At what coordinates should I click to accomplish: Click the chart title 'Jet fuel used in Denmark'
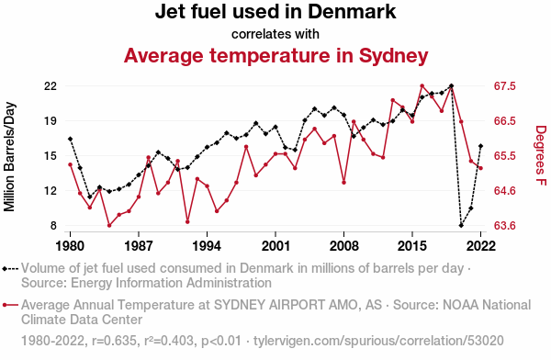[x=275, y=11]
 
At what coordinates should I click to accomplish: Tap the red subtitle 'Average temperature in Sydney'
[x=275, y=55]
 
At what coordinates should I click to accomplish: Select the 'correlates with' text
[x=275, y=34]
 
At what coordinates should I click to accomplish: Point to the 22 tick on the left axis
[x=50, y=86]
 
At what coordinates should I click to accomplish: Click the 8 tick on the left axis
[x=53, y=225]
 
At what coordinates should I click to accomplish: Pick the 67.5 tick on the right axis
[x=504, y=86]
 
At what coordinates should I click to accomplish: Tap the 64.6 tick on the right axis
[x=504, y=190]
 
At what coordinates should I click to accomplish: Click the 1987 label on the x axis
[x=139, y=246]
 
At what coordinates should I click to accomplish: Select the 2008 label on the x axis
[x=344, y=246]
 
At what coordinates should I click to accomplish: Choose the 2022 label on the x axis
[x=480, y=246]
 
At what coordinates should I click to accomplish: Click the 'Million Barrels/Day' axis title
[x=9, y=157]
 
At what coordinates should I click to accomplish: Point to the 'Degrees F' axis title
[x=541, y=155]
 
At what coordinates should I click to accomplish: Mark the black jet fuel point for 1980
[x=71, y=139]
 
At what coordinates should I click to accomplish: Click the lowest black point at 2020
[x=461, y=225]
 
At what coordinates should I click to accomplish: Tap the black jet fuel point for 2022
[x=480, y=146]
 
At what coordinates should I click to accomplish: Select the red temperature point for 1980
[x=71, y=164]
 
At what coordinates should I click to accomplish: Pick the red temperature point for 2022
[x=480, y=168]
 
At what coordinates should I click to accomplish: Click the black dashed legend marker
[x=10, y=269]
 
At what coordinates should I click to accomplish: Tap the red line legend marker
[x=10, y=305]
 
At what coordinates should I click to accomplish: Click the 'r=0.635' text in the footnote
[x=114, y=341]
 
